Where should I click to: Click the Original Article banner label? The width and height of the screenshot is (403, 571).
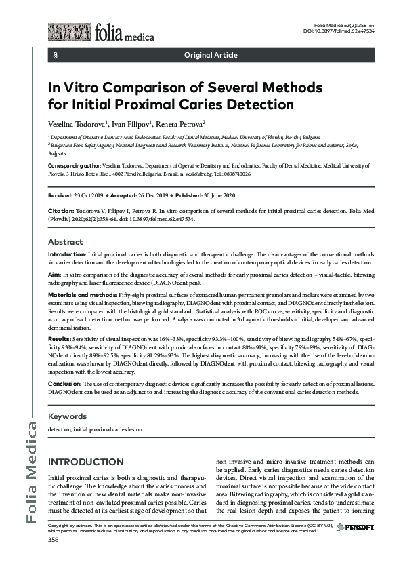(211, 54)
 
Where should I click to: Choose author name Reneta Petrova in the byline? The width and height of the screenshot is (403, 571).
(179, 125)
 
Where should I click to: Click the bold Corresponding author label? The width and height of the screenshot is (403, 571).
(75, 165)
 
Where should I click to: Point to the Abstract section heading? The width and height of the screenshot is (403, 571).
(65, 242)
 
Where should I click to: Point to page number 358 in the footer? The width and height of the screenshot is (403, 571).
(53, 540)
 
